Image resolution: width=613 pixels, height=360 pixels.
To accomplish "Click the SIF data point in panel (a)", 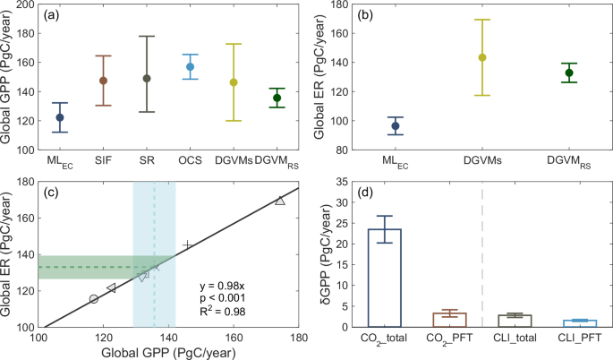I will (x=103, y=81).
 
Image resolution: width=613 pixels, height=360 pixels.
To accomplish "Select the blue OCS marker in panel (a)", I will (x=190, y=67).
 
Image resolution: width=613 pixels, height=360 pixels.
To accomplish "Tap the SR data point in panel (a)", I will (x=147, y=78).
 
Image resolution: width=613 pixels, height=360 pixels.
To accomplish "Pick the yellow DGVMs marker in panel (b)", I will (x=482, y=57).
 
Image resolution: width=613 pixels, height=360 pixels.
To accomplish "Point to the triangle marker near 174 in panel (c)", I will (x=280, y=201).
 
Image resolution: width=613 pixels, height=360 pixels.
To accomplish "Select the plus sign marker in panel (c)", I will (x=187, y=244).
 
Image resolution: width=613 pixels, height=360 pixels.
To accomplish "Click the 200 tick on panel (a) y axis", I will (x=28, y=5).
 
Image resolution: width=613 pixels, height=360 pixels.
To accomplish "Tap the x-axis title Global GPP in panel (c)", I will (x=168, y=354).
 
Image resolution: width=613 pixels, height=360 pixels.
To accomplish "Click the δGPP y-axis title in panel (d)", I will (x=326, y=254).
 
